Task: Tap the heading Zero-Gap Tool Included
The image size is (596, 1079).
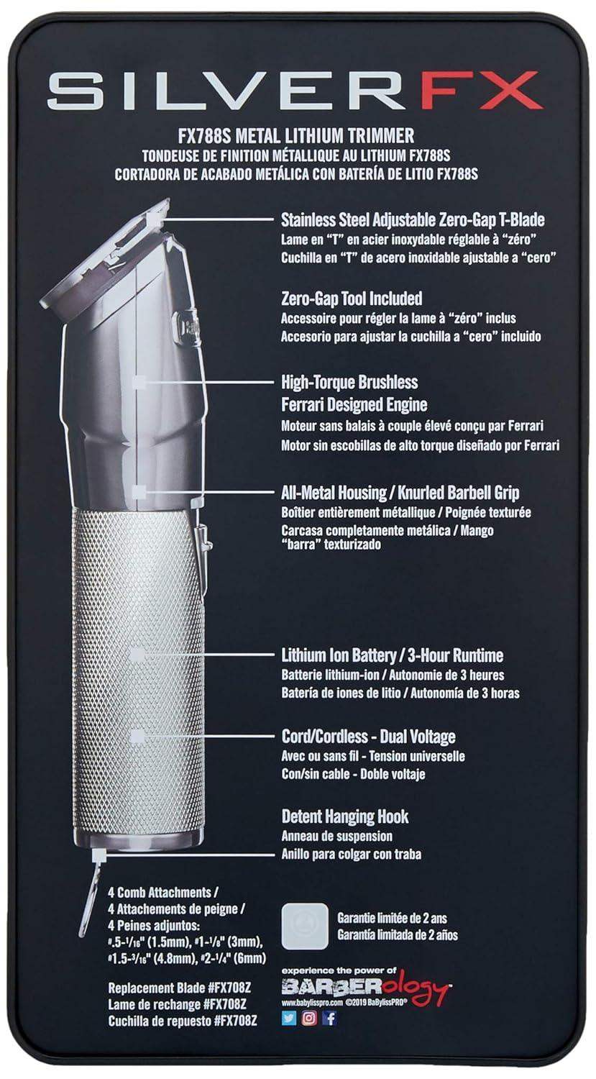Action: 352,298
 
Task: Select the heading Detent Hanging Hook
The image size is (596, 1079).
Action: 345,817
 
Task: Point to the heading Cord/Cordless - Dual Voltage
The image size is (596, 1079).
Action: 368,737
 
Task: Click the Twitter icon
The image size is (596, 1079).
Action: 288,1019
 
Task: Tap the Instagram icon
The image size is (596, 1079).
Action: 309,1019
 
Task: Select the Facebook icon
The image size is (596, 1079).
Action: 330,1019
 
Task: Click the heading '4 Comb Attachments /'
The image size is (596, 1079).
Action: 159,891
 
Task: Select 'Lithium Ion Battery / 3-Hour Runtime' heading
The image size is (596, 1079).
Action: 392,656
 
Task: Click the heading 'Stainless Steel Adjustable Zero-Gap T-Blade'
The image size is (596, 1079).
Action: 413,219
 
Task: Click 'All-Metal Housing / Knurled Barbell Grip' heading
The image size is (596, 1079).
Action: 400,493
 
